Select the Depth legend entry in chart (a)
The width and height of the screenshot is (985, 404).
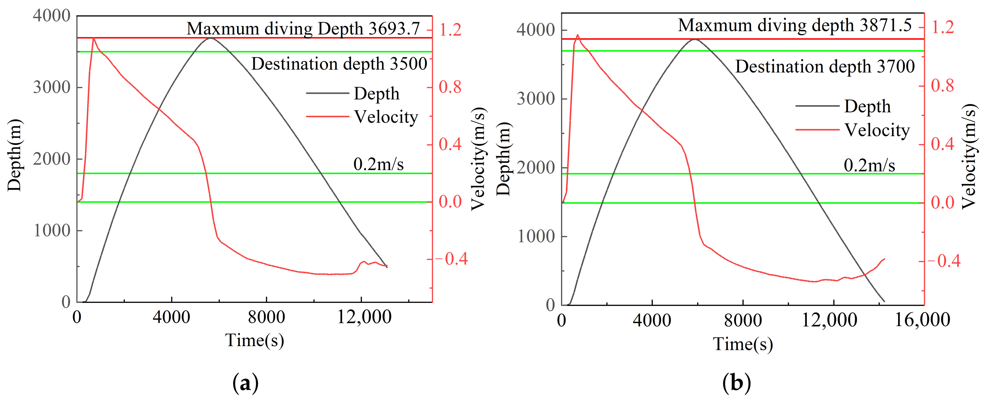(376, 94)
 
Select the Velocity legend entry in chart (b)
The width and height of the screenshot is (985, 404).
(877, 130)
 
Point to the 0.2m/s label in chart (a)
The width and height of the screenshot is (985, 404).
(378, 164)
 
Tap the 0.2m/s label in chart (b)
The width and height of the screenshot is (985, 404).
(869, 165)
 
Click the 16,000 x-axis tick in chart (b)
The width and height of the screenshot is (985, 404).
(922, 320)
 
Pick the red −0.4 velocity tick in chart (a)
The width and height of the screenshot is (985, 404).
(451, 259)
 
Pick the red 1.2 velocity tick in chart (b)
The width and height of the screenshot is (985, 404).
(942, 27)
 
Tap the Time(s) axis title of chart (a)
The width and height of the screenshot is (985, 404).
(254, 340)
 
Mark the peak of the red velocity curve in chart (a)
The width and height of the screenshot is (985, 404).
(93, 38)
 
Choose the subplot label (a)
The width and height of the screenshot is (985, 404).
(245, 383)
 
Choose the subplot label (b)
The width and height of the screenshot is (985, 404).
(736, 383)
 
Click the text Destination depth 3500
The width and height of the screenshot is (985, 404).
(339, 64)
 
